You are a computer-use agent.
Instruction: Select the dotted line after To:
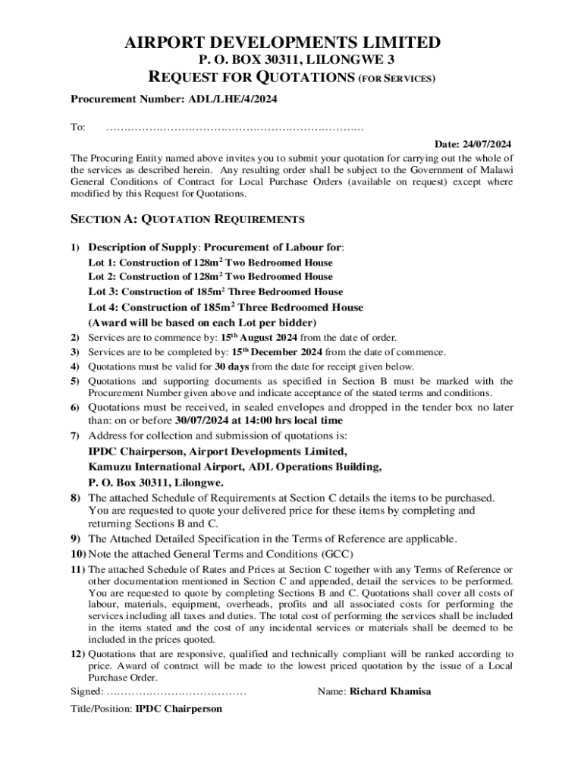(x=235, y=127)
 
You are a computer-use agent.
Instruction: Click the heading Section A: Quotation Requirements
(x=187, y=220)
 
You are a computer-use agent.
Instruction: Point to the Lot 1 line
(x=211, y=262)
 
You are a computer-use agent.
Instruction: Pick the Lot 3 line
(x=215, y=291)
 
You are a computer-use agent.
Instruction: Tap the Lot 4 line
(x=226, y=307)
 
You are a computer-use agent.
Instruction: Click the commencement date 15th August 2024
(x=259, y=337)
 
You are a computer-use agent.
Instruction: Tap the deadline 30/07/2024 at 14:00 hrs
(x=259, y=420)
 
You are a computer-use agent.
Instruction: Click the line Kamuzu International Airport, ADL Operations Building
(x=235, y=467)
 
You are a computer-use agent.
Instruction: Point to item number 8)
(x=76, y=498)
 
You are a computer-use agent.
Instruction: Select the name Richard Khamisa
(x=390, y=692)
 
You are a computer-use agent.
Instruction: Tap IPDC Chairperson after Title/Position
(x=179, y=709)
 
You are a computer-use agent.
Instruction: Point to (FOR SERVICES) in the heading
(x=398, y=78)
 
